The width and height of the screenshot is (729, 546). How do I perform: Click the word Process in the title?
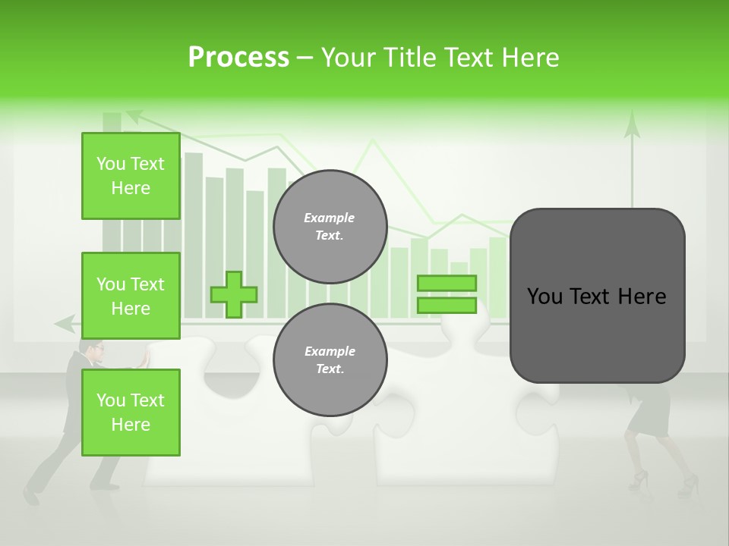click(x=238, y=58)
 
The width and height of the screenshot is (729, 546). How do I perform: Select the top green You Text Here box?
click(x=131, y=176)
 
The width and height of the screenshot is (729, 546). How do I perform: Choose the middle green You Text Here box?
click(x=131, y=296)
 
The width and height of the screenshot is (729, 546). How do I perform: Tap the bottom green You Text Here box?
click(x=131, y=413)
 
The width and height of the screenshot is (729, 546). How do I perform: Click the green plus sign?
click(x=234, y=294)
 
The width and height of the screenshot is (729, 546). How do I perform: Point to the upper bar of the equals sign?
click(x=447, y=283)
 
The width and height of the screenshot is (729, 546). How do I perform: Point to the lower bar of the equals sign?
click(x=447, y=306)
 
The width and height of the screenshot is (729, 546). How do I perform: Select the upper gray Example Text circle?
click(x=330, y=227)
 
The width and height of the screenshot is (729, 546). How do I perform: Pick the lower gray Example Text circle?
click(x=330, y=360)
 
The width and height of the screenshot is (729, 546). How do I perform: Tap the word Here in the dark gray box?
click(x=642, y=297)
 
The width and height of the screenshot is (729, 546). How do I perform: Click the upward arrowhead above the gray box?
click(x=632, y=125)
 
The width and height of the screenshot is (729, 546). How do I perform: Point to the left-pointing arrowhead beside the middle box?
click(x=64, y=324)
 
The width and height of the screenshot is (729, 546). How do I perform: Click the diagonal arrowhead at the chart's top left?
click(x=134, y=115)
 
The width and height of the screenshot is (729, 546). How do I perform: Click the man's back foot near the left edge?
click(x=30, y=496)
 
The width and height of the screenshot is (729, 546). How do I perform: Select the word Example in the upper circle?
click(x=330, y=218)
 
